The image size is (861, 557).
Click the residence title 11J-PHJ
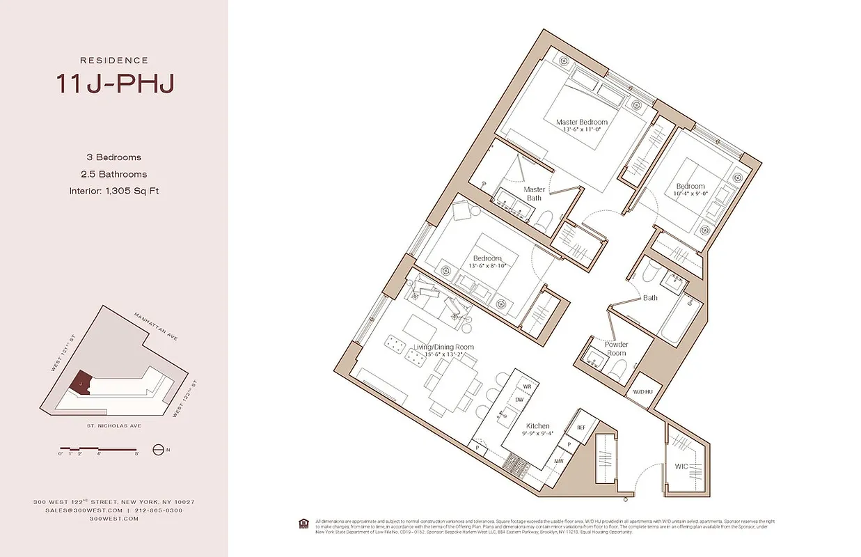pos(114,84)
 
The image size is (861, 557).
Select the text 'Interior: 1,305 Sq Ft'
pos(114,191)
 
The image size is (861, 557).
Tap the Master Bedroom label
pos(582,123)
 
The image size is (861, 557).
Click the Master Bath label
pos(534,194)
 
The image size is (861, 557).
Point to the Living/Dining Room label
pos(444,347)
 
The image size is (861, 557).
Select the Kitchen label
pos(538,426)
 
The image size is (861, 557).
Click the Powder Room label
pos(616,348)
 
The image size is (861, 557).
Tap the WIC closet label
pos(681,466)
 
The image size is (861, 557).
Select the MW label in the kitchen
pos(558,460)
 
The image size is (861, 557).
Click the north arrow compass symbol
pos(159,450)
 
